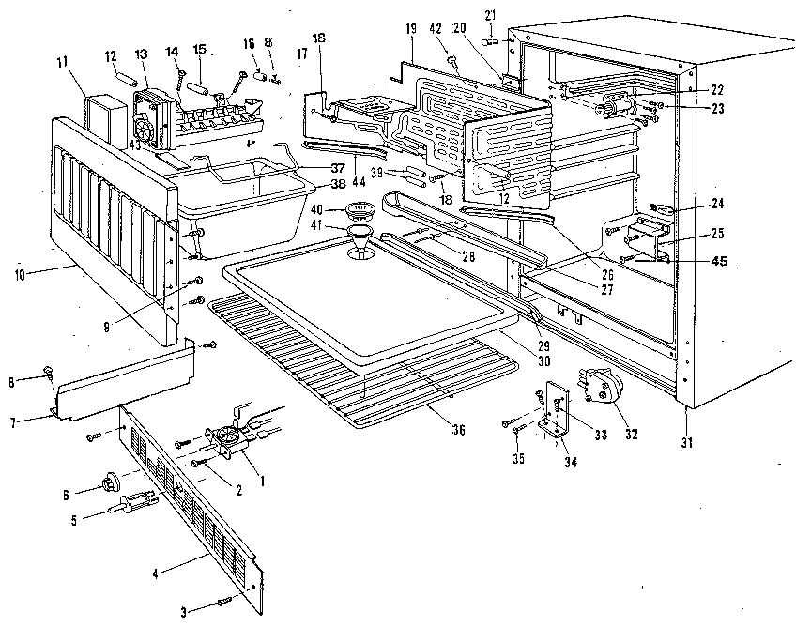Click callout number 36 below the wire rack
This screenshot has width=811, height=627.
point(457,430)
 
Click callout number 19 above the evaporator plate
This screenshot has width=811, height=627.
point(411,30)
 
